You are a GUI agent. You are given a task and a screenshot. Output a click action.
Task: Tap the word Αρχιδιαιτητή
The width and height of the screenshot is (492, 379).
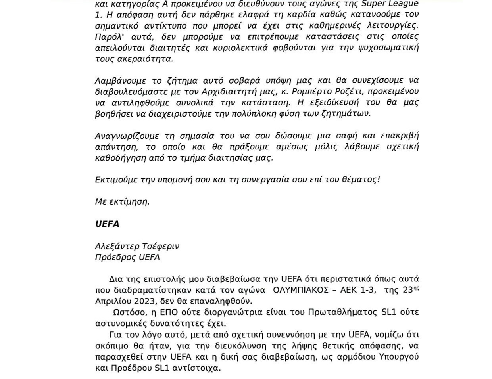pyautogui.click(x=238, y=92)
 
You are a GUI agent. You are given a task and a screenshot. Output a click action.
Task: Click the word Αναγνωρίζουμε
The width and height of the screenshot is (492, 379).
pyautogui.click(x=127, y=136)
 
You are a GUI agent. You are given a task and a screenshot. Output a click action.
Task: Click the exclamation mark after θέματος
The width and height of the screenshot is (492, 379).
pyautogui.click(x=379, y=180)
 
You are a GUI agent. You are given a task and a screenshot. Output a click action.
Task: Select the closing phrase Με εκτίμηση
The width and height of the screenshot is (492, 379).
pyautogui.click(x=122, y=202)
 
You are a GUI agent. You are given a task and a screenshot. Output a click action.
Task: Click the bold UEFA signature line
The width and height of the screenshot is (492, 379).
pyautogui.click(x=107, y=224)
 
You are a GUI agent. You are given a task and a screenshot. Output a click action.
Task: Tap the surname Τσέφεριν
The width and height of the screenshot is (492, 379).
pyautogui.click(x=161, y=246)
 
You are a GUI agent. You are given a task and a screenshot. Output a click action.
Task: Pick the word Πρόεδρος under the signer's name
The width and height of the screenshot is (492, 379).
pyautogui.click(x=115, y=257)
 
